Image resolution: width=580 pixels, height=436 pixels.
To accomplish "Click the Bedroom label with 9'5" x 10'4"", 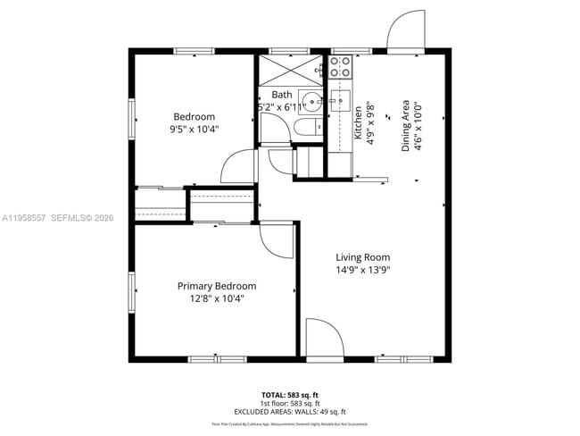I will tap(194, 117).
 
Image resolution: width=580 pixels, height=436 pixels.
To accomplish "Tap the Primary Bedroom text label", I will tap(216, 286).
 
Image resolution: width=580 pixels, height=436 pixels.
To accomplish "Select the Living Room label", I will tap(362, 257).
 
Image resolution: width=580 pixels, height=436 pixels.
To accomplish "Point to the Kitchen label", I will tap(359, 122).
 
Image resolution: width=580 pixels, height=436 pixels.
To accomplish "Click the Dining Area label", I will tap(405, 125).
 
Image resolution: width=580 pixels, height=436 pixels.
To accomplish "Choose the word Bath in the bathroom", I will tap(281, 95).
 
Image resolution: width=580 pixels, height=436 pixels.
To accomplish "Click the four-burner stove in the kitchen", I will tap(341, 66).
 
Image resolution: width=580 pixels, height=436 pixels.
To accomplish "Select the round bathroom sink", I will tap(310, 100).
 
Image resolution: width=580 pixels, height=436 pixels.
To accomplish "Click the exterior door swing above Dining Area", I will tap(407, 30).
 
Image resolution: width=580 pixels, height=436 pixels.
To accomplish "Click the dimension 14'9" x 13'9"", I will tap(362, 270).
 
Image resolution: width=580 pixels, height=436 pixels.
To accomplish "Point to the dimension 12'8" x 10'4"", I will tap(216, 298).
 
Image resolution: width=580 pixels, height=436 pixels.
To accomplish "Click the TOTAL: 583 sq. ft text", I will tap(289, 393).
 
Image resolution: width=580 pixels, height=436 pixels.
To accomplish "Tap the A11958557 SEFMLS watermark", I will tap(58, 217).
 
